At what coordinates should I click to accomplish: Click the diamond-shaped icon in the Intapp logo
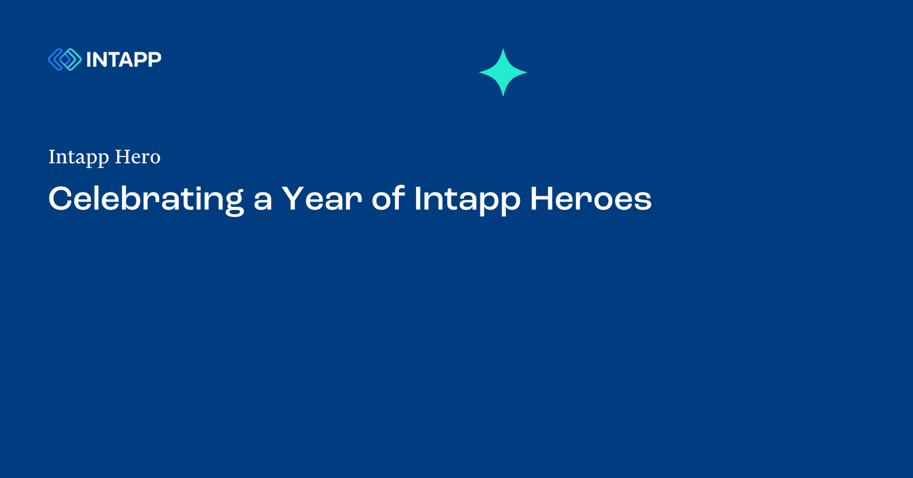[x=64, y=59]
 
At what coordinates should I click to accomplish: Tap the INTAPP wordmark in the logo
[x=124, y=59]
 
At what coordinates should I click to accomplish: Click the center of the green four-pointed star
[x=503, y=73]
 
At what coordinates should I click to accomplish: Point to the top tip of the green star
[x=503, y=50]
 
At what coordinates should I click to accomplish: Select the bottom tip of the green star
[x=503, y=95]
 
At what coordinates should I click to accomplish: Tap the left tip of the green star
[x=480, y=73]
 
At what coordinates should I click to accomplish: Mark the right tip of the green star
[x=526, y=73]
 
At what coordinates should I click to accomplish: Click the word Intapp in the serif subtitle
[x=79, y=157]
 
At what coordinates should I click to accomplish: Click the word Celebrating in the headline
[x=146, y=199]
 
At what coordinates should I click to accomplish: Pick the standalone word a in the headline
[x=262, y=200]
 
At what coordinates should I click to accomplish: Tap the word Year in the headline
[x=322, y=199]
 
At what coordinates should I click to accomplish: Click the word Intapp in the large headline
[x=467, y=200]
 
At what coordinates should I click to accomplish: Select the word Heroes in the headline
[x=591, y=199]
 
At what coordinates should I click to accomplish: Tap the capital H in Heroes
[x=542, y=199]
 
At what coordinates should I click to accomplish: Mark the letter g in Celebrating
[x=233, y=203]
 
